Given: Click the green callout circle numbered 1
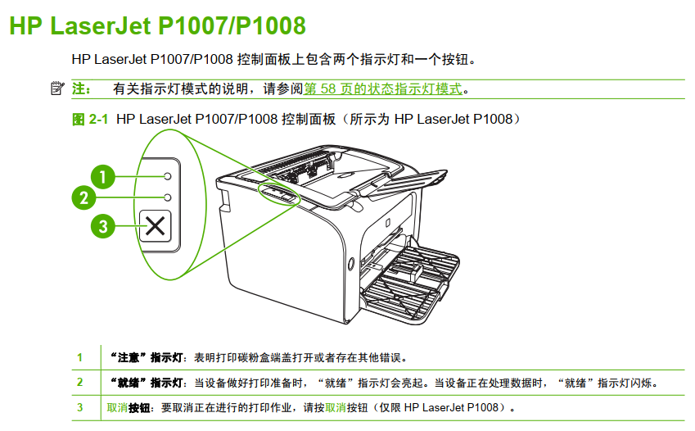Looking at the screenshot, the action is (x=103, y=177).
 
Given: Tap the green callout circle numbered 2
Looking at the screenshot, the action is (x=83, y=197).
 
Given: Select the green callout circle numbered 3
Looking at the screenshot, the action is (x=103, y=226).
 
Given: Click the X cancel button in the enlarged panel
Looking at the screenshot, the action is (x=156, y=226).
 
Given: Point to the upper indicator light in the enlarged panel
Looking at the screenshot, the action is (x=168, y=176).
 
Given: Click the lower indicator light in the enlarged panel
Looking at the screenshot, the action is (x=168, y=197).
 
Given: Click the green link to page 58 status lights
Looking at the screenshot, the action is (x=382, y=88).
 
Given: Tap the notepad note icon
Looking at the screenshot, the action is (x=57, y=88).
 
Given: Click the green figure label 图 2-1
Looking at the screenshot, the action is (x=90, y=119).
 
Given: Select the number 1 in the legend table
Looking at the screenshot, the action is (x=79, y=357).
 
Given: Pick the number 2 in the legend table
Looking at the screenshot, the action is (x=79, y=382).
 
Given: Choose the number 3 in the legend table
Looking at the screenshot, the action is (x=79, y=407).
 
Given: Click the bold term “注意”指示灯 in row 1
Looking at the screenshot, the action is (x=147, y=357).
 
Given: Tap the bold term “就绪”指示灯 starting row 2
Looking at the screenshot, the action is (x=147, y=383).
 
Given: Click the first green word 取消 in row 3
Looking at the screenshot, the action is (x=117, y=407).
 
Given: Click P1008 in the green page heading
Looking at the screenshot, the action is (x=270, y=25).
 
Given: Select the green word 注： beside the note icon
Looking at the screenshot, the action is (x=82, y=88).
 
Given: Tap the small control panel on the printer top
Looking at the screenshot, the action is (x=278, y=193).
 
